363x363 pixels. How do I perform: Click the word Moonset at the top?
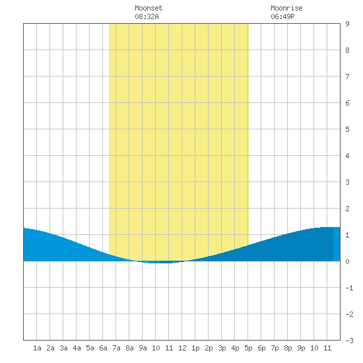[x=148, y=8]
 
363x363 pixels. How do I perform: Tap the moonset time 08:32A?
[x=147, y=16]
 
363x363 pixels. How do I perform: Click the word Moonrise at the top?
[x=286, y=8]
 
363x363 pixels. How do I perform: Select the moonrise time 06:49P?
[x=282, y=16]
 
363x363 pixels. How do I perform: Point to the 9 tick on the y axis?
[x=347, y=24]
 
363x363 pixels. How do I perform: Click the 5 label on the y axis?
[x=347, y=129]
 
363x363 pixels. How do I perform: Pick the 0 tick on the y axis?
[x=347, y=261]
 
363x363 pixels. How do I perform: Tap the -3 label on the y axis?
[x=349, y=341]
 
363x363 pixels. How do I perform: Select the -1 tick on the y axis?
[x=349, y=288]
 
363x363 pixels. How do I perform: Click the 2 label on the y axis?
[x=347, y=209]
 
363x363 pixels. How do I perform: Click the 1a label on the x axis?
[x=37, y=348]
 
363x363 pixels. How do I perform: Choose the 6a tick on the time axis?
[x=103, y=348]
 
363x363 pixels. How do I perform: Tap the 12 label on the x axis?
[x=182, y=348]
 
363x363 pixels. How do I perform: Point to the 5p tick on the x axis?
[x=248, y=348]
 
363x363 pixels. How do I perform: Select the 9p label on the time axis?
[x=301, y=348]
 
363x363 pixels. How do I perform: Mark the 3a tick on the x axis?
[x=63, y=348]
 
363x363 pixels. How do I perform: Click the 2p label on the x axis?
[x=209, y=348]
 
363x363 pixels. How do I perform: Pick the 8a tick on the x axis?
[x=129, y=348]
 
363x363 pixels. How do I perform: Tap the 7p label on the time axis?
[x=275, y=348]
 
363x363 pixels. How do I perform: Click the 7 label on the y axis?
[x=347, y=77]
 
